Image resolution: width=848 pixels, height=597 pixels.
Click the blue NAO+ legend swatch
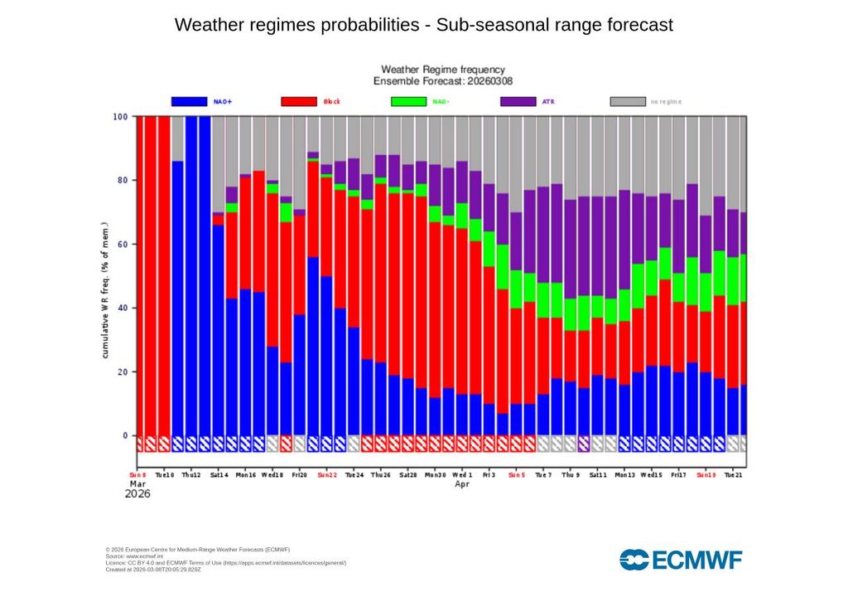pos(189,101)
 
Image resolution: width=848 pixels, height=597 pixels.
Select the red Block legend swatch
pos(299,101)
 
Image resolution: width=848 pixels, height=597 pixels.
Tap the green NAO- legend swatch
pos(408,101)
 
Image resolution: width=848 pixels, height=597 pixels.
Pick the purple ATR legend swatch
pos(518,101)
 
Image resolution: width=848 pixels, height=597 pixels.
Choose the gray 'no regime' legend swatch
pos(628,101)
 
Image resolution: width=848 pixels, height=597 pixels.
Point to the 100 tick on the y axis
pos(120,117)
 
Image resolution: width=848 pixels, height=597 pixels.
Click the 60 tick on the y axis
pos(122,245)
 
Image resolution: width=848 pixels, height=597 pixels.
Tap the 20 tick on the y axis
pos(122,372)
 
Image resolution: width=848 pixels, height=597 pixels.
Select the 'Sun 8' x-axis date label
pos(137,476)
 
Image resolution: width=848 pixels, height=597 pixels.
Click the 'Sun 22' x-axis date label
pos(327,476)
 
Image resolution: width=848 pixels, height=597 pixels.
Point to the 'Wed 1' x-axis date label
pos(462,476)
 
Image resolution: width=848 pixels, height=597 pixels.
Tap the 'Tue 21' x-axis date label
pos(732,476)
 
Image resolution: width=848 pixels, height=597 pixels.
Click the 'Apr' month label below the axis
pos(462,484)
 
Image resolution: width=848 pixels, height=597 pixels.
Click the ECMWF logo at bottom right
pos(681,560)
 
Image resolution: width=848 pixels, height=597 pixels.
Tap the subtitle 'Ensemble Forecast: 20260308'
pos(442,81)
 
